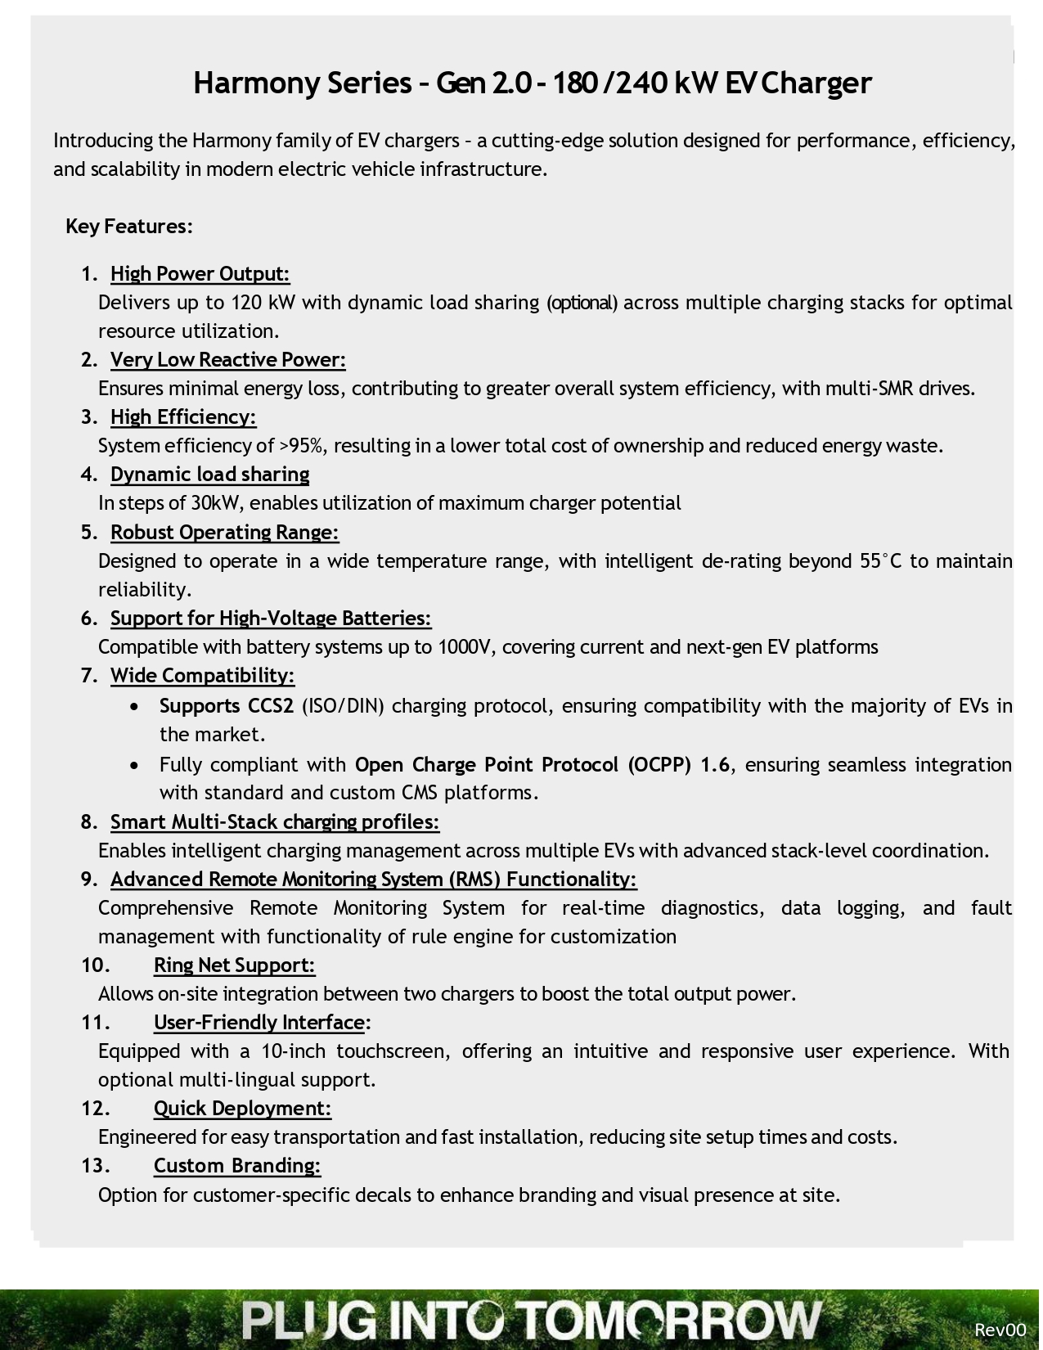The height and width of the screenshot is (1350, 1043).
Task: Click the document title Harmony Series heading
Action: coord(532,83)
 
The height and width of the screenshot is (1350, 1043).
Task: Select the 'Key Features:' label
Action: coord(129,227)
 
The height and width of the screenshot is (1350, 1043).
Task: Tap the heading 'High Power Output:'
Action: coord(200,274)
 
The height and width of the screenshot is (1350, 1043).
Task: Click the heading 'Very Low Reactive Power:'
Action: coord(228,360)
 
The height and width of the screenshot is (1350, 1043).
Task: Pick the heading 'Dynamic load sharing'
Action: coord(210,475)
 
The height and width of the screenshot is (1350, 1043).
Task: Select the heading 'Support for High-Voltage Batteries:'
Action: coord(271,619)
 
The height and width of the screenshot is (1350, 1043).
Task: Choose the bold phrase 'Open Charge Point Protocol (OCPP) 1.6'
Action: coord(542,765)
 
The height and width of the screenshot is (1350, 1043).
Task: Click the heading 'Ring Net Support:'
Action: coord(234,965)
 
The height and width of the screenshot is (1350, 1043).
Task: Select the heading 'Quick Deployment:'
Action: coord(242,1109)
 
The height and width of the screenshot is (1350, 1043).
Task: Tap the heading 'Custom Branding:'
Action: coord(237,1166)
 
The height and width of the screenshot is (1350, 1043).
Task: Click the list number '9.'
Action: coord(89,880)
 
